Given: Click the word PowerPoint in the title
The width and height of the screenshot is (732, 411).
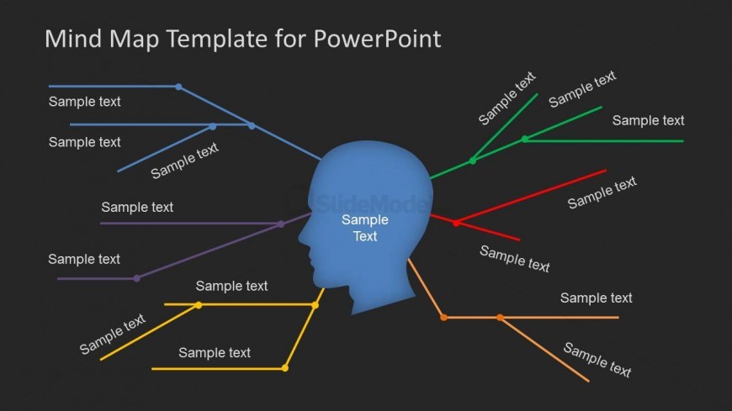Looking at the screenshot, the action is [377, 40].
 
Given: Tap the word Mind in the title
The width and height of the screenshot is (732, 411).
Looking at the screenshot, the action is [73, 39].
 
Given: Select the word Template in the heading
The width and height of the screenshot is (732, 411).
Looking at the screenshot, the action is [189, 40].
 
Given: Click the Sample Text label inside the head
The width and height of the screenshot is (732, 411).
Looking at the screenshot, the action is [365, 228].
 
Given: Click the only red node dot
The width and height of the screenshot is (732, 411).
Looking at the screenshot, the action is [456, 223].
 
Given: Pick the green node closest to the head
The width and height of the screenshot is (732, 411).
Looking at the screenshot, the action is [473, 161].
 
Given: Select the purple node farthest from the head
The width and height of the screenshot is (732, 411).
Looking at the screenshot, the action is [137, 278].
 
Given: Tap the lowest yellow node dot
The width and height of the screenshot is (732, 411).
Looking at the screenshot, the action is [284, 368].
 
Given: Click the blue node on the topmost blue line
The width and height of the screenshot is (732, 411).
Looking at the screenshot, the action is [178, 87].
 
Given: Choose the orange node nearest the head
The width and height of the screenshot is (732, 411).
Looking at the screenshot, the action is [443, 318].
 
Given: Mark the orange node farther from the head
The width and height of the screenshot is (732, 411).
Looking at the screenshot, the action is [500, 318].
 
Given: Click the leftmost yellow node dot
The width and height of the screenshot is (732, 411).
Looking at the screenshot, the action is [199, 305].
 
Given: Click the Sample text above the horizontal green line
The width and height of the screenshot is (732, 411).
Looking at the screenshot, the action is [648, 120].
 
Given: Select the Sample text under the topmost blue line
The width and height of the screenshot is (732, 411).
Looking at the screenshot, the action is [84, 102].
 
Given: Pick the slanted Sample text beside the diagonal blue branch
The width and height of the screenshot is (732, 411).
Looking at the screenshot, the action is [184, 160].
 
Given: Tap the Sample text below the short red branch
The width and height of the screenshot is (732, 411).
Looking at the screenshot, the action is [514, 259].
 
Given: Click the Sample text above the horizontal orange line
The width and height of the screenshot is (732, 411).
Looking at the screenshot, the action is [597, 298].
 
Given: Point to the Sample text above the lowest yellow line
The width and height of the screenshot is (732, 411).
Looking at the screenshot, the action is [215, 353].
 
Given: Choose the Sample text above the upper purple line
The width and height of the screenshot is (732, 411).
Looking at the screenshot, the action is [137, 207].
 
